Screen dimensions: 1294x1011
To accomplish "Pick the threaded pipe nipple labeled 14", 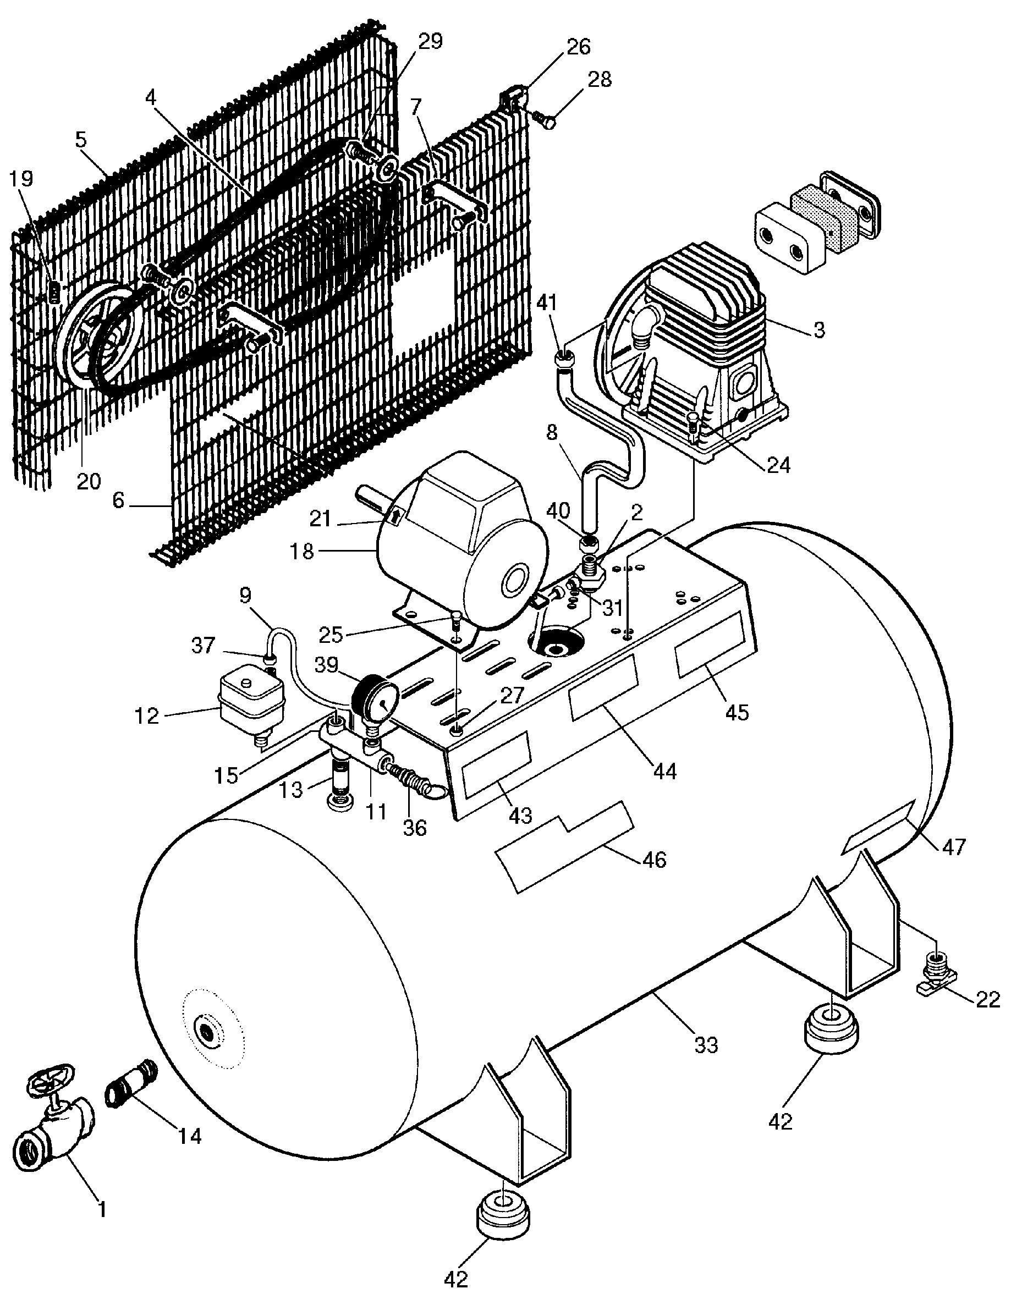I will click(x=131, y=1090).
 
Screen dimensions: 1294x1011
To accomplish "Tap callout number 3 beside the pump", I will click(x=818, y=330).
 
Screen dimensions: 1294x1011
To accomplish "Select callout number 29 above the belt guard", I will click(x=430, y=41).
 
